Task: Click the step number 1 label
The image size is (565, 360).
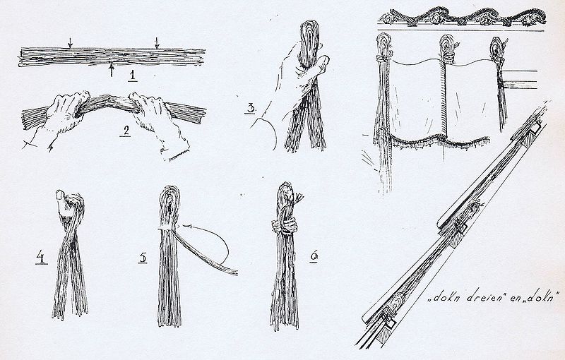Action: pyautogui.click(x=133, y=76)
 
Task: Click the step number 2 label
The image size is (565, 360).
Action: pyautogui.click(x=126, y=131)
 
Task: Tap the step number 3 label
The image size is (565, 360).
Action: pyautogui.click(x=251, y=108)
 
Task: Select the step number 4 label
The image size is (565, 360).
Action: pyautogui.click(x=42, y=258)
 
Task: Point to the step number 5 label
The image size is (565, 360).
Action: pyautogui.click(x=143, y=258)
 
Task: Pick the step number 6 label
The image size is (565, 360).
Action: pyautogui.click(x=314, y=256)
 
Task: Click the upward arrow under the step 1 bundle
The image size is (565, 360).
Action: pyautogui.click(x=112, y=69)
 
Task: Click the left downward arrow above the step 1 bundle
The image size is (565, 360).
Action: pyautogui.click(x=70, y=42)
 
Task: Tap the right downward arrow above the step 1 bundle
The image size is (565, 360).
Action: pyautogui.click(x=157, y=42)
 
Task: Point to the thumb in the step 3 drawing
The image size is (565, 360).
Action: pyautogui.click(x=321, y=65)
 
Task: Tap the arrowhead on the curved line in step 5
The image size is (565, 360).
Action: pyautogui.click(x=186, y=227)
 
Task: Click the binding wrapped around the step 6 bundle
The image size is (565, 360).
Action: pyautogui.click(x=285, y=227)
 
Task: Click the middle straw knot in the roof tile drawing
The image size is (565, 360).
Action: pyautogui.click(x=447, y=49)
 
